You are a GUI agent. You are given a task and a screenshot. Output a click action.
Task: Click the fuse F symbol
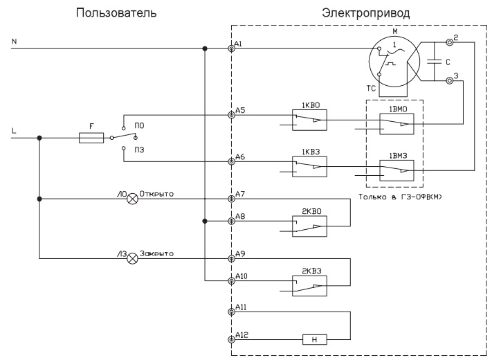[x=92, y=138]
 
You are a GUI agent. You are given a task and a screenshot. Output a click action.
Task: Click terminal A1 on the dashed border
[x=231, y=49]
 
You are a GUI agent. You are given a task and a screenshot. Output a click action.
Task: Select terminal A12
[x=231, y=340]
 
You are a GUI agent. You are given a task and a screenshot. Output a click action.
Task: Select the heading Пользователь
[x=125, y=12]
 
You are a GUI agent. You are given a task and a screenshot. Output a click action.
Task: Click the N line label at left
[x=14, y=42]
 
